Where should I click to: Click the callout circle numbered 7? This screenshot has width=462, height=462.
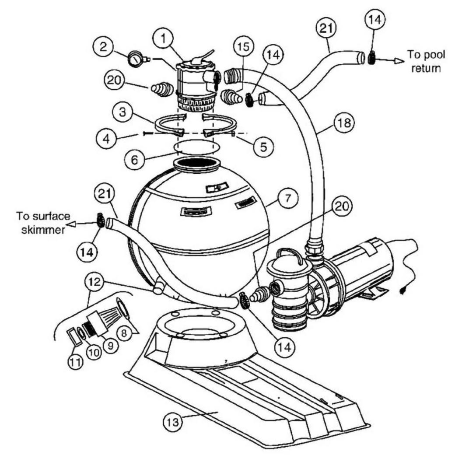(288, 198)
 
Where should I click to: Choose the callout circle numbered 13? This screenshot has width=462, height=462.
(173, 422)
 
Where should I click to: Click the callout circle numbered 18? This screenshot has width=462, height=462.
(344, 122)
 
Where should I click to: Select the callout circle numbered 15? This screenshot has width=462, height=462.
(243, 47)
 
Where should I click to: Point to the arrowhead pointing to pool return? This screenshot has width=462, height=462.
(399, 61)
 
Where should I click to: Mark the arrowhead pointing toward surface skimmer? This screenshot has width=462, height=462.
(71, 224)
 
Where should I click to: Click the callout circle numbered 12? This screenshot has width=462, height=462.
(95, 282)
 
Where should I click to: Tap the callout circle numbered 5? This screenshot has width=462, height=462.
(263, 146)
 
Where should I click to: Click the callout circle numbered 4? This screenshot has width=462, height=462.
(107, 138)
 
